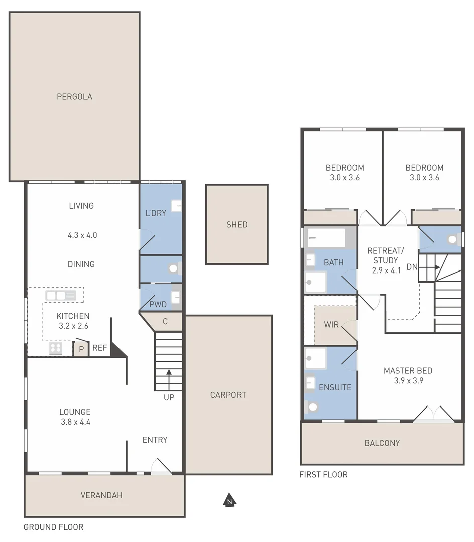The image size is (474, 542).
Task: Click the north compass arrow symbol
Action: [x=229, y=500]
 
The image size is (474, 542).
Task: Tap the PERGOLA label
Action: [x=74, y=97]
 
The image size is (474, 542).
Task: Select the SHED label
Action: [x=236, y=224]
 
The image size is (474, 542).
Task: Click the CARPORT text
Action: [x=228, y=395]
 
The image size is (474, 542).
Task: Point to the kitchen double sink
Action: [x=61, y=296]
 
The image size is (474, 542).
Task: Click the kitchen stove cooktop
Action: [x=55, y=348]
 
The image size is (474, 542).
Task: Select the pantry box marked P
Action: [x=81, y=348]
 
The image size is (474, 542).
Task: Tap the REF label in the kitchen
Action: [x=100, y=348]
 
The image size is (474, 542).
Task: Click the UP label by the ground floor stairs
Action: [x=169, y=398]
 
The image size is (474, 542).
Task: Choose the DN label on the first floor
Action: [x=412, y=267]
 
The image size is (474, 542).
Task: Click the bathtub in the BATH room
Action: [x=326, y=238]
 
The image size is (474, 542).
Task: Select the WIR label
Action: [x=331, y=325]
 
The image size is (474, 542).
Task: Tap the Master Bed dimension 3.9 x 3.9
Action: [x=408, y=381]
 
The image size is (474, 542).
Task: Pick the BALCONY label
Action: [x=382, y=443]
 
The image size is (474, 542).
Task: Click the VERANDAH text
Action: [x=101, y=495]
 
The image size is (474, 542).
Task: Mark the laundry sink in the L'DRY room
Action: [x=176, y=206]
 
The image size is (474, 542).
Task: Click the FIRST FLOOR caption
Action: [x=323, y=475]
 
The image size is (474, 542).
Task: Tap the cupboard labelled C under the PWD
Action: [x=165, y=322]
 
